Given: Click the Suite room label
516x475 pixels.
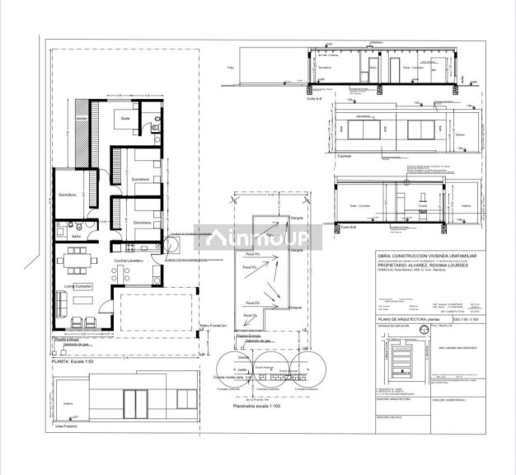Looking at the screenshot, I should click(x=125, y=119).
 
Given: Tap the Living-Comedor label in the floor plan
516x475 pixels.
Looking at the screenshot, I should click(x=72, y=287).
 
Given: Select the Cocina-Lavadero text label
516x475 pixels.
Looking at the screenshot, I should click(x=129, y=261).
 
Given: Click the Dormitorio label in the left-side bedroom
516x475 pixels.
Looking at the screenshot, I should click(x=67, y=195).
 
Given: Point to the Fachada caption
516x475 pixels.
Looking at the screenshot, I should click(x=344, y=155).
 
